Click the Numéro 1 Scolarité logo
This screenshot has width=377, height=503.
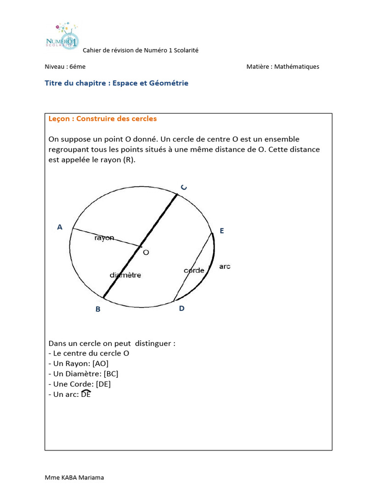(62, 35)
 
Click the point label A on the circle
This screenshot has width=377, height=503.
(60, 227)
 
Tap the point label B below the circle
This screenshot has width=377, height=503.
(98, 309)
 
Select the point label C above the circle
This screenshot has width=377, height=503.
(183, 187)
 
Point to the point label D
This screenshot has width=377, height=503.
(182, 308)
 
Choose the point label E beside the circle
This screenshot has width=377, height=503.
(222, 230)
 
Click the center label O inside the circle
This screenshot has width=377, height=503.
(146, 252)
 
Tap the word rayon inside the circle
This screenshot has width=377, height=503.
(104, 238)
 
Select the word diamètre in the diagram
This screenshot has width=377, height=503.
(125, 275)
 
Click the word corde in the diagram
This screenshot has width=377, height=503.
(194, 270)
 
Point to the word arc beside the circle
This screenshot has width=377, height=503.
(225, 266)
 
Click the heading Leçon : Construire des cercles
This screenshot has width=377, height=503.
(103, 119)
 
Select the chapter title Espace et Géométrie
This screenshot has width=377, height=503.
(150, 84)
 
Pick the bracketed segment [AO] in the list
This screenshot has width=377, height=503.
(100, 363)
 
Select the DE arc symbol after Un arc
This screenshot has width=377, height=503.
(86, 394)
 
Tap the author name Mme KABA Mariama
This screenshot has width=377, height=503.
(74, 477)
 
